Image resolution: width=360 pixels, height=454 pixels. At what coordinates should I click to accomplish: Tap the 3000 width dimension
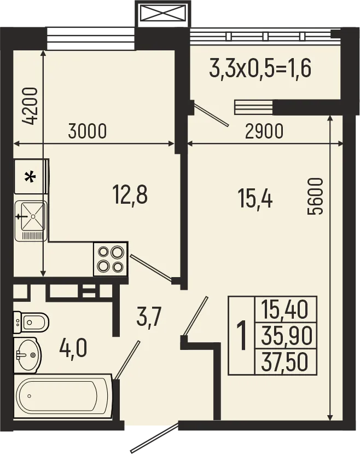pos(87,132)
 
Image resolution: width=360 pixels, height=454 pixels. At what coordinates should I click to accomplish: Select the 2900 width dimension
pos(264,132)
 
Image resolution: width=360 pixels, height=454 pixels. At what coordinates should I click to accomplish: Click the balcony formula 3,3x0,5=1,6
pos(260,70)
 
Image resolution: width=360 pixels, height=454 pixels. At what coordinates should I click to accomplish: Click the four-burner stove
pos(110,259)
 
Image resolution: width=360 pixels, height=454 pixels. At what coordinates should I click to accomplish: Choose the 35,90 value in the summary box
pos(285,336)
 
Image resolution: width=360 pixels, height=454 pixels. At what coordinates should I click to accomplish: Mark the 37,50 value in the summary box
pos(285,361)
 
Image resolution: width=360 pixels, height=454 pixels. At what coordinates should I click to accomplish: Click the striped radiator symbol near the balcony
pos(253,106)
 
